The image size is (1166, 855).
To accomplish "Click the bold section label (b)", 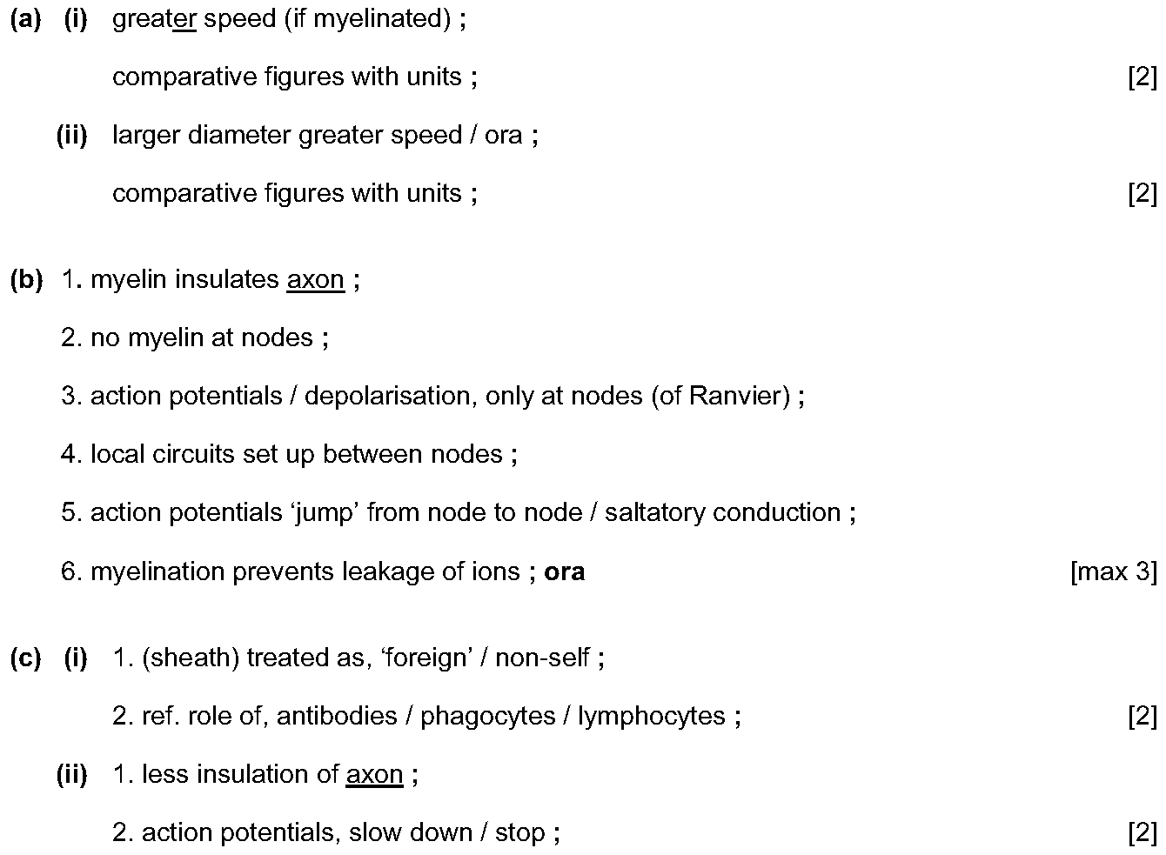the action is [x=26, y=280].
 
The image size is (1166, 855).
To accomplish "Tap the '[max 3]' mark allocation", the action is [x=1114, y=571].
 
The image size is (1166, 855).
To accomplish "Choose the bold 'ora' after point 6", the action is [x=564, y=572].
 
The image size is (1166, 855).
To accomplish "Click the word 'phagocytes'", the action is [x=488, y=717].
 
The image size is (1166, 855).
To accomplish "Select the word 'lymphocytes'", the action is [x=651, y=717].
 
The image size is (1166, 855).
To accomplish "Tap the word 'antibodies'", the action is [x=337, y=716].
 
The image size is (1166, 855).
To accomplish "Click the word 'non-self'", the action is [x=542, y=658].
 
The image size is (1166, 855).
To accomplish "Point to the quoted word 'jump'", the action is [x=326, y=513].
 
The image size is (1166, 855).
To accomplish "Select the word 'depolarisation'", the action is [x=386, y=397].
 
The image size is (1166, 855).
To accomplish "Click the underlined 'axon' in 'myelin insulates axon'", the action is [x=316, y=280].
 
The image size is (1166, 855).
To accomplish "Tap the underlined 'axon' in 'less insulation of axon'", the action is [x=374, y=775].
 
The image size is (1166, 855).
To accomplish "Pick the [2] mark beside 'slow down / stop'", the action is [x=1143, y=832].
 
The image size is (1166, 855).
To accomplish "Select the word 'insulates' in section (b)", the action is [x=227, y=279].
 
